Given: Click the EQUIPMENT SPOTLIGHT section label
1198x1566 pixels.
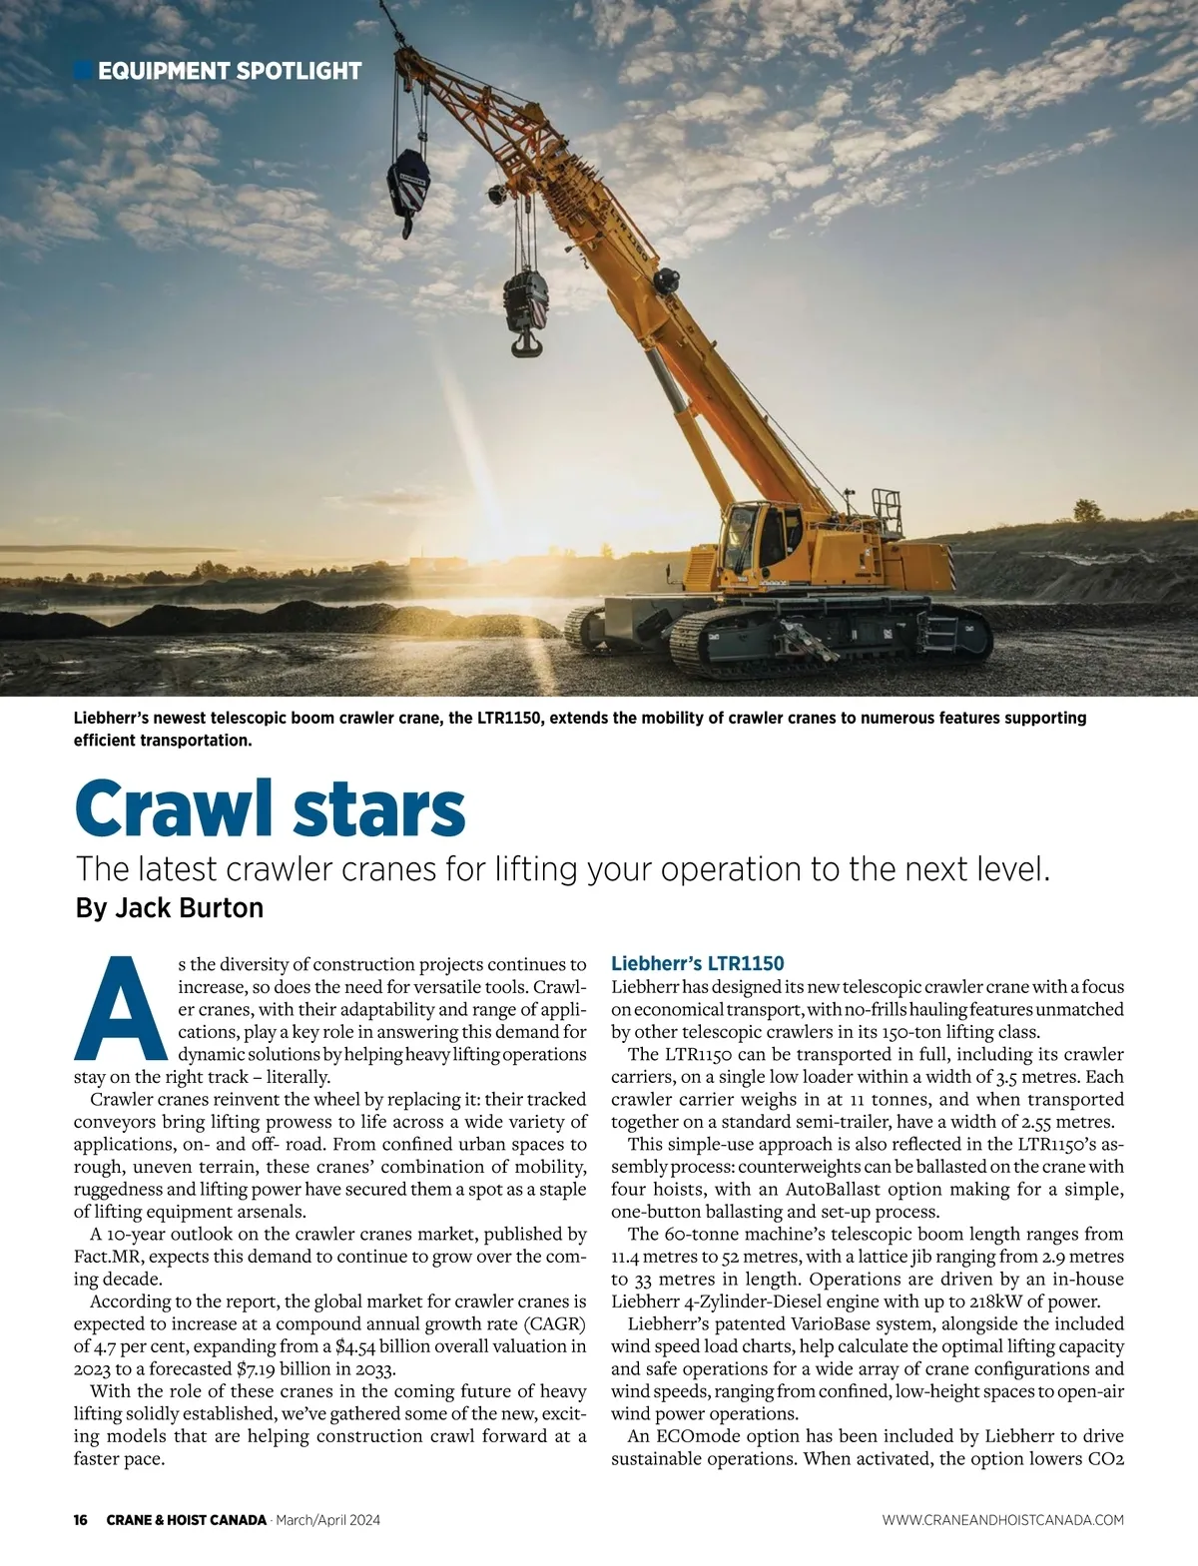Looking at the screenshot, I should [x=230, y=71].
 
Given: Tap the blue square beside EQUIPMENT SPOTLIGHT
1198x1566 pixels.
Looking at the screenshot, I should [x=84, y=70].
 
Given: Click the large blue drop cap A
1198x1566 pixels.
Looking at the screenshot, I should [x=120, y=1010].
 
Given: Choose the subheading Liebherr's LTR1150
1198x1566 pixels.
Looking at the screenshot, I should [x=697, y=963].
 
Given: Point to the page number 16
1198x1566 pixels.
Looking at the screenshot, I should [x=81, y=1520].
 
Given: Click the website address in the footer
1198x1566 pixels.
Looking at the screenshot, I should [x=1002, y=1520].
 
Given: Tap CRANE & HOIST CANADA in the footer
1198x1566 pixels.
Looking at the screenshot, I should [x=187, y=1520].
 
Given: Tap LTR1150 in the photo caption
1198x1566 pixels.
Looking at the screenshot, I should [x=496, y=719].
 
